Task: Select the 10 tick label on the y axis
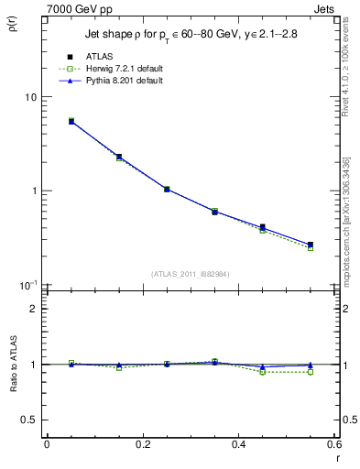point(29,97)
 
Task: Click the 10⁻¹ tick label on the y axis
point(27,285)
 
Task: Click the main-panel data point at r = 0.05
point(71,121)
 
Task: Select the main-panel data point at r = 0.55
point(311,245)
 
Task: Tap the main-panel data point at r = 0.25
point(167,189)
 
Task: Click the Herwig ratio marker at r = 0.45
point(263,372)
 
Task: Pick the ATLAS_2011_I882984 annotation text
point(190,274)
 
